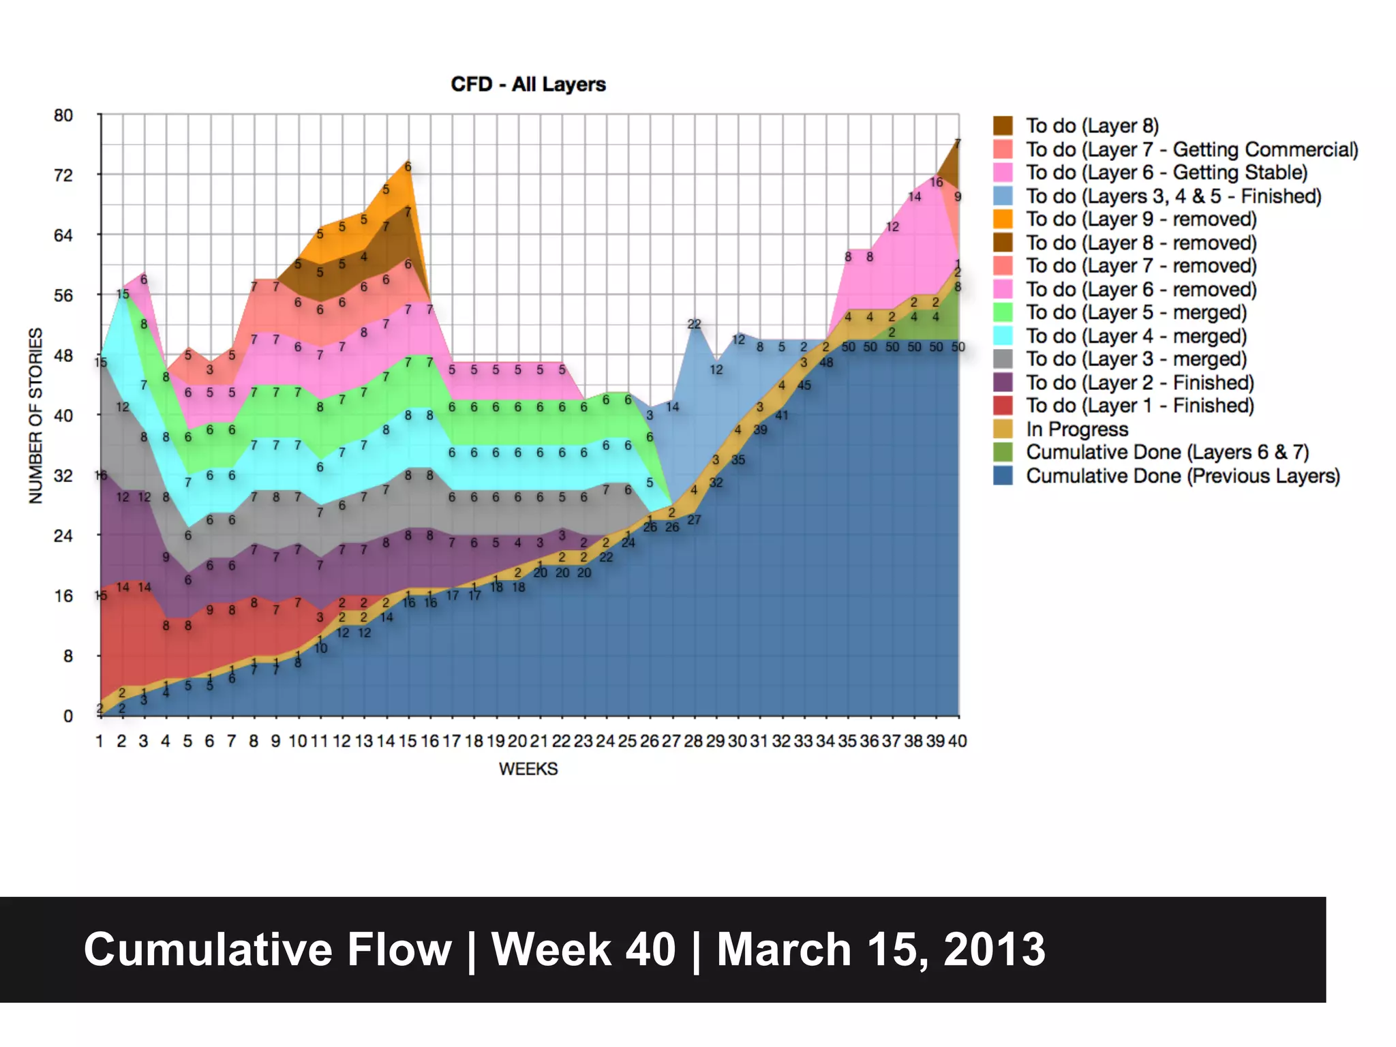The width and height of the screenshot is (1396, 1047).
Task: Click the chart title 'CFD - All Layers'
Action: pyautogui.click(x=528, y=85)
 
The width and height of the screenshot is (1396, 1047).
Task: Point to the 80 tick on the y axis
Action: pyautogui.click(x=63, y=115)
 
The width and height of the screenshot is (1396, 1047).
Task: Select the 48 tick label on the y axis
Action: pyautogui.click(x=63, y=355)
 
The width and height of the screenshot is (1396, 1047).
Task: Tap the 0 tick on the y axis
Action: pyautogui.click(x=68, y=716)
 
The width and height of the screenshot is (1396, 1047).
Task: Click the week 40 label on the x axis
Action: pyautogui.click(x=957, y=741)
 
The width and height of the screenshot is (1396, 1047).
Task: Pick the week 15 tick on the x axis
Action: pyautogui.click(x=408, y=741)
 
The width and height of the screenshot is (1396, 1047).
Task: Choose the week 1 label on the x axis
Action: pyautogui.click(x=100, y=741)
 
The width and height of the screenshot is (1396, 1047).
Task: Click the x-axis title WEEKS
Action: pyautogui.click(x=528, y=769)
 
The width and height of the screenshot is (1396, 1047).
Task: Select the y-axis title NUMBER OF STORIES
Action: pyautogui.click(x=35, y=416)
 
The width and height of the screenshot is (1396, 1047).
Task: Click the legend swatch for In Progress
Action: pyautogui.click(x=1003, y=429)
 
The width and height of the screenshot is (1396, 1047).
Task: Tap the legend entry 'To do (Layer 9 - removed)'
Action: pyautogui.click(x=1141, y=219)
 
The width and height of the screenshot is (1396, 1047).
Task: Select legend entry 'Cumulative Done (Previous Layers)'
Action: pyautogui.click(x=1183, y=476)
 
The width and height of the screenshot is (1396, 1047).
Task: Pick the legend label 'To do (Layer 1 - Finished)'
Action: pyautogui.click(x=1140, y=406)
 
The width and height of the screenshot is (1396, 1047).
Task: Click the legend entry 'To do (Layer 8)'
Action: pyautogui.click(x=1092, y=126)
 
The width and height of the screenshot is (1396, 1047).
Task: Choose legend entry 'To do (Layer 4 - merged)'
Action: pyautogui.click(x=1136, y=336)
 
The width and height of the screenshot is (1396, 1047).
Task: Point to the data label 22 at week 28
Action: pyautogui.click(x=694, y=324)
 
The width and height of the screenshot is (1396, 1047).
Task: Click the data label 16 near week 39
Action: pyautogui.click(x=937, y=182)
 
